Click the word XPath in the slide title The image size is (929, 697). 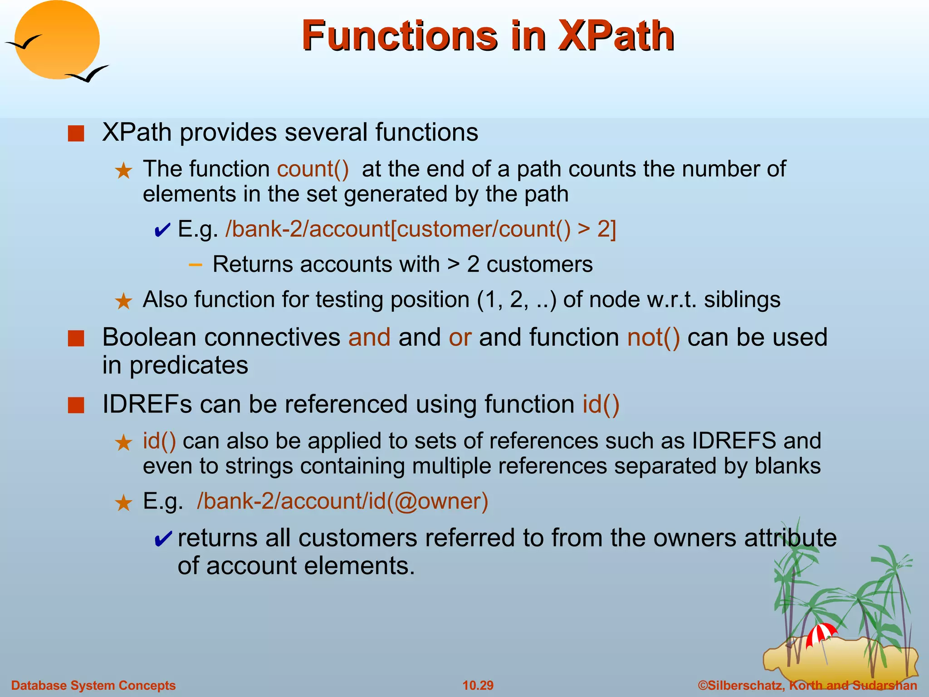point(616,36)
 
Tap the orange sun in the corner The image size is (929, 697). point(57,40)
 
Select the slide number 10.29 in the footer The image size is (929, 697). point(478,685)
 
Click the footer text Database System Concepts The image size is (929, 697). point(93,685)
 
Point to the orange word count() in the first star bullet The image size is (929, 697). point(313,169)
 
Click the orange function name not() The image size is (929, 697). point(653,338)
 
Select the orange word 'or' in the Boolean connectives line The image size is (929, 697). point(460,338)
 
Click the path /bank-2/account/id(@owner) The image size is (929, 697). point(342,501)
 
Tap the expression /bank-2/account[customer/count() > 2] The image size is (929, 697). point(420,229)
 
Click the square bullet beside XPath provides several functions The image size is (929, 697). point(76,134)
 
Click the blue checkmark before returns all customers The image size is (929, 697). point(162,540)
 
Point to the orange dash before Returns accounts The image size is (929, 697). point(196,265)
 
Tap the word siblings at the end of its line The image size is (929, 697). point(742,300)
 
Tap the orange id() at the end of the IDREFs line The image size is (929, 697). point(601,404)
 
